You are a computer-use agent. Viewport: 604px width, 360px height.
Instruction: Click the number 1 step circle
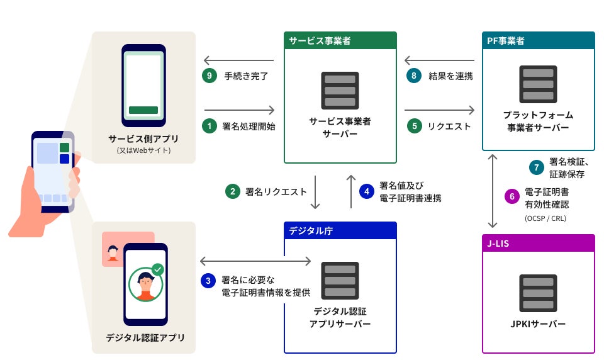tap(209, 126)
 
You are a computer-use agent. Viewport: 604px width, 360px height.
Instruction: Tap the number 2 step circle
tap(232, 191)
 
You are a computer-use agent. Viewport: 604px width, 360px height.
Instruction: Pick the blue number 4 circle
tap(367, 191)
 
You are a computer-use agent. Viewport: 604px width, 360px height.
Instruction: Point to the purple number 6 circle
tap(512, 196)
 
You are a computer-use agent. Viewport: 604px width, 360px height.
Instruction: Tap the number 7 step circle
tap(536, 167)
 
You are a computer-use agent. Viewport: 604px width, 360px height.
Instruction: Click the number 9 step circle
tap(209, 76)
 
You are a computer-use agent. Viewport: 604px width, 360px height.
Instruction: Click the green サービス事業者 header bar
tap(340, 41)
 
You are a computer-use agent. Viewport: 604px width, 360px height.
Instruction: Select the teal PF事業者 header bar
tap(538, 41)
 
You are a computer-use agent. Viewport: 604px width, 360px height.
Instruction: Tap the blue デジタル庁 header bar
tap(340, 230)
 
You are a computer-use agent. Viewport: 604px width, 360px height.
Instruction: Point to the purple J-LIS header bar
tap(538, 243)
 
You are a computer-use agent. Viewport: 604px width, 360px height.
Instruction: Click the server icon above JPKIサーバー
tap(538, 294)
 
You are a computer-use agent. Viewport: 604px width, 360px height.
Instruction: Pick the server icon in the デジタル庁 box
tap(340, 281)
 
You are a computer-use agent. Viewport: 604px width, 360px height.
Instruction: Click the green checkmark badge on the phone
tap(157, 269)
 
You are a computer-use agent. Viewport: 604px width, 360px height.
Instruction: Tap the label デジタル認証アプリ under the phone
tap(145, 338)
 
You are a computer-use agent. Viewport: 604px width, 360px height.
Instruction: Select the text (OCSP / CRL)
tap(545, 218)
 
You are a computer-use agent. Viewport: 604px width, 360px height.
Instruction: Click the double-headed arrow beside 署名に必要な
tap(255, 261)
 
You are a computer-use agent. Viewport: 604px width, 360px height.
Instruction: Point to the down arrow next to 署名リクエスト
tap(316, 191)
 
